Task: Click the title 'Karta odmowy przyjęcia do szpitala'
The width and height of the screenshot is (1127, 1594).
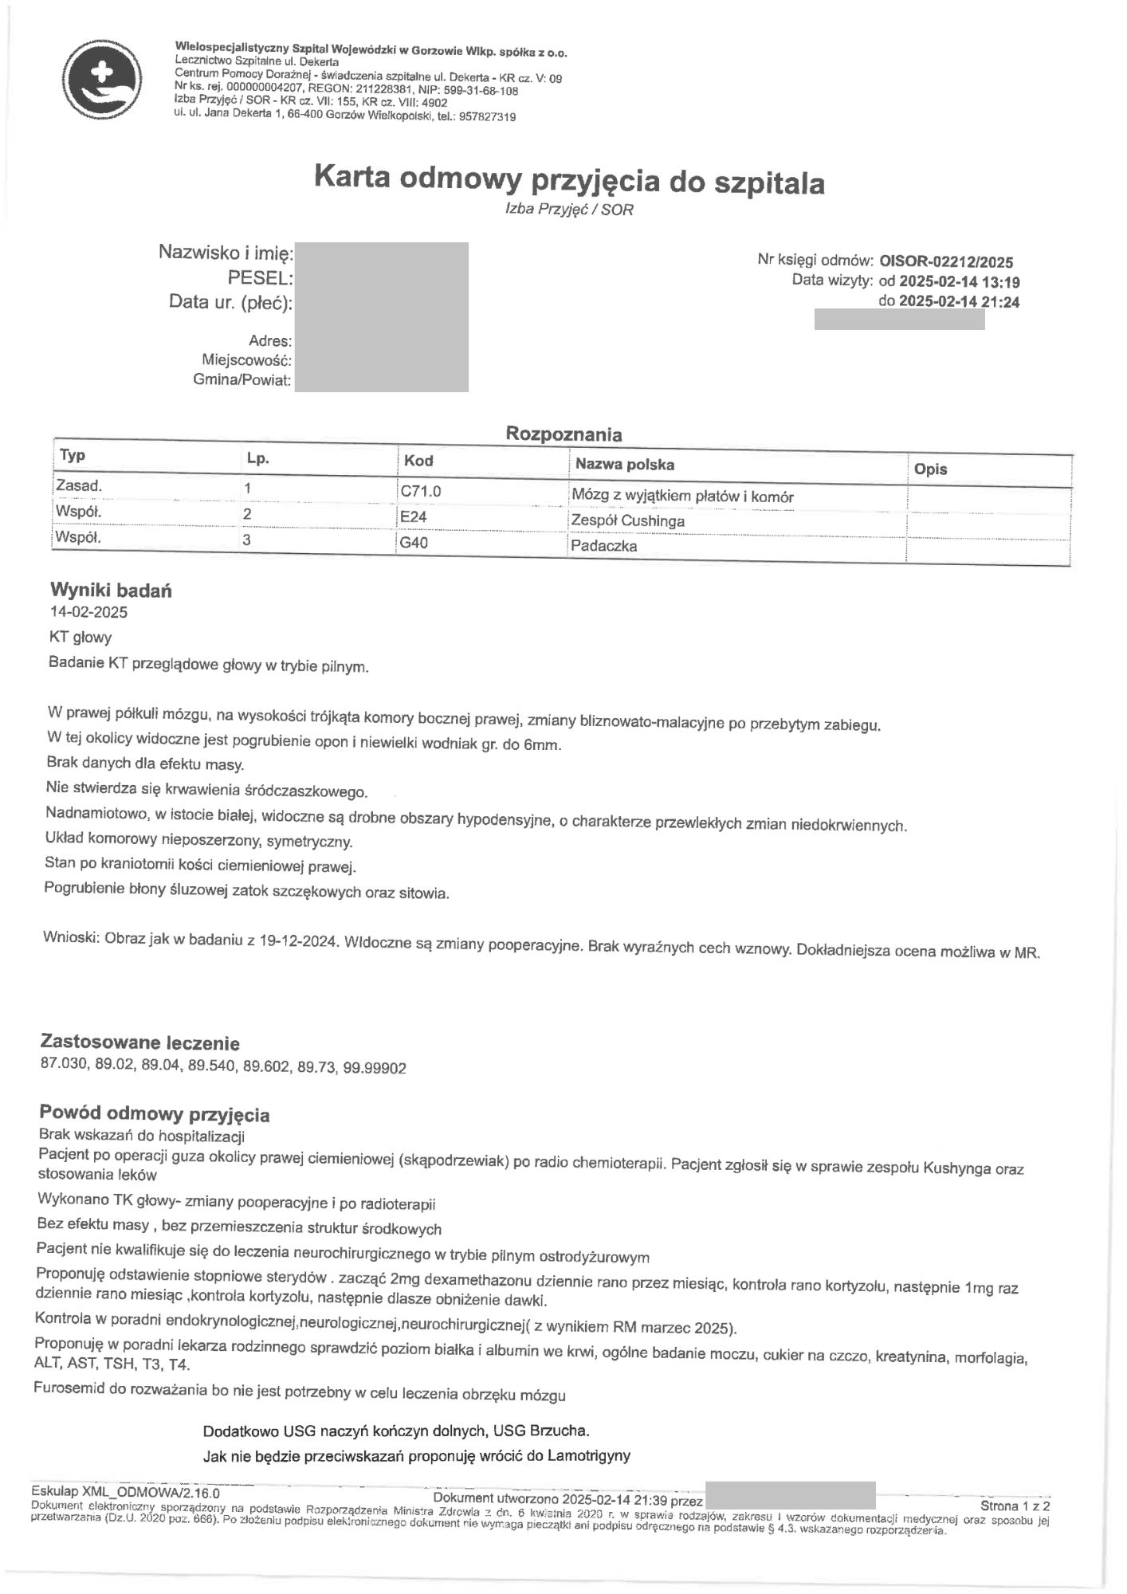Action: [x=569, y=180]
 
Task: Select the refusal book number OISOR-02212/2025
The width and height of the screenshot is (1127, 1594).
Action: [x=946, y=261]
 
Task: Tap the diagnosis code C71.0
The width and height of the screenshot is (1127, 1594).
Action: [x=420, y=492]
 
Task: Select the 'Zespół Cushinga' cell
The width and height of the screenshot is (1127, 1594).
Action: [x=628, y=521]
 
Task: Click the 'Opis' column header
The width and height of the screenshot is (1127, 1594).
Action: [x=931, y=469]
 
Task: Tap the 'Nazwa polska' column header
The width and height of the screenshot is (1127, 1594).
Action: [x=625, y=464]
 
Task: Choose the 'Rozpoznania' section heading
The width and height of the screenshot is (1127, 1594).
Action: [x=563, y=434]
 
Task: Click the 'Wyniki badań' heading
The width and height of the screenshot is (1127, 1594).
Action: [x=111, y=591]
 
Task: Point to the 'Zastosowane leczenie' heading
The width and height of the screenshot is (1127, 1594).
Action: [x=139, y=1042]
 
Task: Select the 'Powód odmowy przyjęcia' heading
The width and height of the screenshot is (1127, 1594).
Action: [x=155, y=1114]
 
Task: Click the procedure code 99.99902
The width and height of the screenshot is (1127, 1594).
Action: [x=375, y=1068]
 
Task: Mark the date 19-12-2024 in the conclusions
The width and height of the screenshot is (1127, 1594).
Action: [x=299, y=940]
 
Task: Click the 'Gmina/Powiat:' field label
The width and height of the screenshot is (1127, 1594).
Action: [x=242, y=380]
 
